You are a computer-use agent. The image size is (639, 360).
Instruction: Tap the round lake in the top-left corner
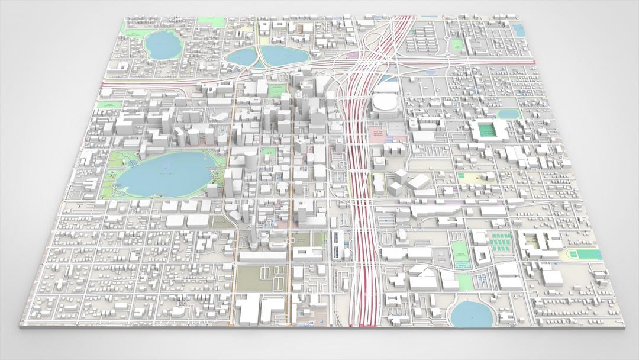pyautogui.click(x=159, y=44)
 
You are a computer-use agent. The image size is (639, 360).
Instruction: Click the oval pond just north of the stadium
pyautogui.click(x=508, y=113)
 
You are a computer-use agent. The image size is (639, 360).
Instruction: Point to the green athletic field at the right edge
pyautogui.click(x=586, y=254)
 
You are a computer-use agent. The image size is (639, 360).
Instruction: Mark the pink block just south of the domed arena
pyautogui.click(x=379, y=133)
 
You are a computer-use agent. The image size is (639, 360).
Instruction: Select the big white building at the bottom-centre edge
pyautogui.click(x=261, y=310)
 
